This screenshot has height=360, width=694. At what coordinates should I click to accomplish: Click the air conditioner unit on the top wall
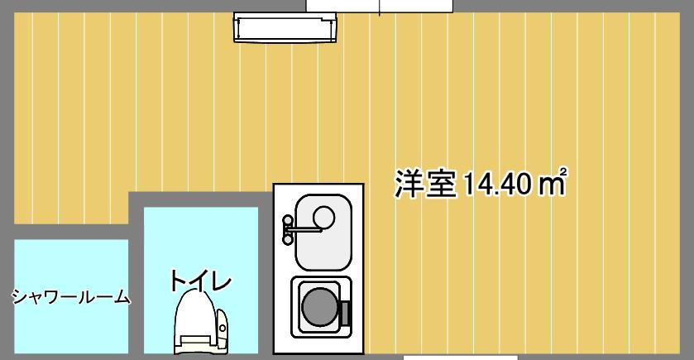(286, 27)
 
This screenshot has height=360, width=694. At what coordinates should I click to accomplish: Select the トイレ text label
(199, 281)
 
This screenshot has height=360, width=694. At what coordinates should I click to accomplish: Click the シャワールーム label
(71, 297)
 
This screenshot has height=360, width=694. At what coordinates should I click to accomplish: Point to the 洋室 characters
(425, 184)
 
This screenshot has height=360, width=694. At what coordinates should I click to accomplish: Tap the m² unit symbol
(551, 183)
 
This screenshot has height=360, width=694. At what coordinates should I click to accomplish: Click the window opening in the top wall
(380, 6)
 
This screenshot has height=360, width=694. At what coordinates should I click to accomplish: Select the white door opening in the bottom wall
(460, 357)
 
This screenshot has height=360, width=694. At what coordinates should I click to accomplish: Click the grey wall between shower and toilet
(136, 281)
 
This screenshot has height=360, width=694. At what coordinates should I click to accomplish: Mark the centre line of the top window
(380, 7)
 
